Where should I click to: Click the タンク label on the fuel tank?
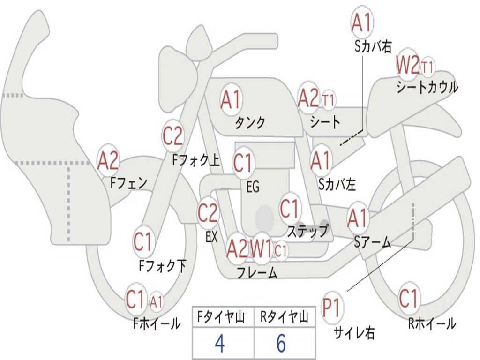[x=250, y=122]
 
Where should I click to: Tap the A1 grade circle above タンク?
[x=231, y=99]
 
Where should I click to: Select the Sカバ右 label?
[x=373, y=47]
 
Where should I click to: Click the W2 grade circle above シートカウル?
[x=408, y=65]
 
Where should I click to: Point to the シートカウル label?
[x=427, y=87]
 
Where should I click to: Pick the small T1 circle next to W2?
[x=427, y=67]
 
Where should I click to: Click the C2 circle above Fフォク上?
[x=172, y=135]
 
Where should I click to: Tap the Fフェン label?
[x=129, y=183]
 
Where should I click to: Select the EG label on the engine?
[x=253, y=187]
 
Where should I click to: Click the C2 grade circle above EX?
[x=208, y=212]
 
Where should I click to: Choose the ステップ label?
[x=307, y=230]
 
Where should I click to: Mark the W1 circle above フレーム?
[x=262, y=249]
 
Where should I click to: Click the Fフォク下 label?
[x=163, y=266]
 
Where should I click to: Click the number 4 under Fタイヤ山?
[x=220, y=343]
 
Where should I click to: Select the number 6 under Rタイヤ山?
[x=281, y=343]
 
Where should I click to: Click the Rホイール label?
[x=432, y=323]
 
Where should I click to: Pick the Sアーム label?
[x=373, y=242]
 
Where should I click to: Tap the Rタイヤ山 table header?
[x=284, y=317]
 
